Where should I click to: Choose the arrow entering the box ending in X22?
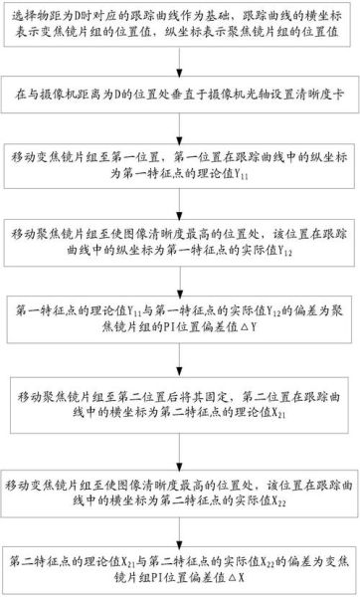click(180, 438)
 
